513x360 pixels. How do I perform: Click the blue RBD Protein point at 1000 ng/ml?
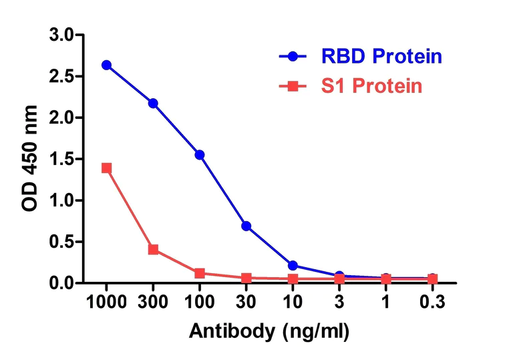106,65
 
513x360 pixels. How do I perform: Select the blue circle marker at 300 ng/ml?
153,103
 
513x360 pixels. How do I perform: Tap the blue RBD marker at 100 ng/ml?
200,154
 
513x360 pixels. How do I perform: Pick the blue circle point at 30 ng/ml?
246,226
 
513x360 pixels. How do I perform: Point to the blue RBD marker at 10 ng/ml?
293,266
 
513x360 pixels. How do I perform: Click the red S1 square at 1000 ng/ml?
106,168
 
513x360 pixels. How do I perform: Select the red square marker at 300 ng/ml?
153,249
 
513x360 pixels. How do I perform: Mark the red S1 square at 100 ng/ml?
200,273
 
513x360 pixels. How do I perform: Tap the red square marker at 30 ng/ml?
246,278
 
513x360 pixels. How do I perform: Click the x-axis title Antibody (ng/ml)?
269,331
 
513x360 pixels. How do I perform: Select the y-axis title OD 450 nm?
31,159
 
